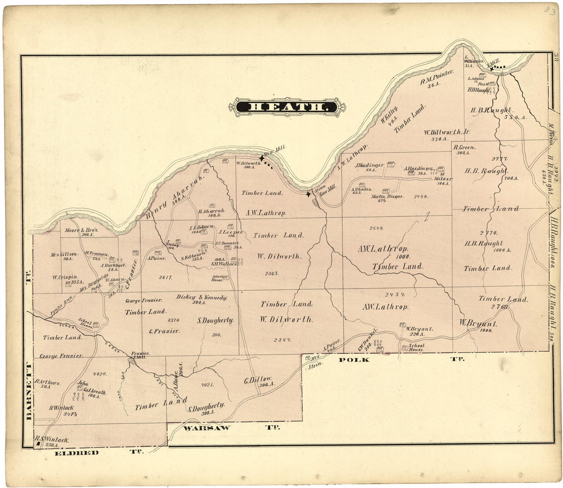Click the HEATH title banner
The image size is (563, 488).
pyautogui.click(x=287, y=107)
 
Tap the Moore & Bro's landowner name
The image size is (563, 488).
pyautogui.click(x=82, y=231)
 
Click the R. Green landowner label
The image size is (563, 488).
pyautogui.click(x=465, y=147)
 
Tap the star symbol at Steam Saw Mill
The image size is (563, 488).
pyautogui.click(x=308, y=194)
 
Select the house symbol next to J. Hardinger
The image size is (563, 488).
pyautogui.click(x=391, y=164)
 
